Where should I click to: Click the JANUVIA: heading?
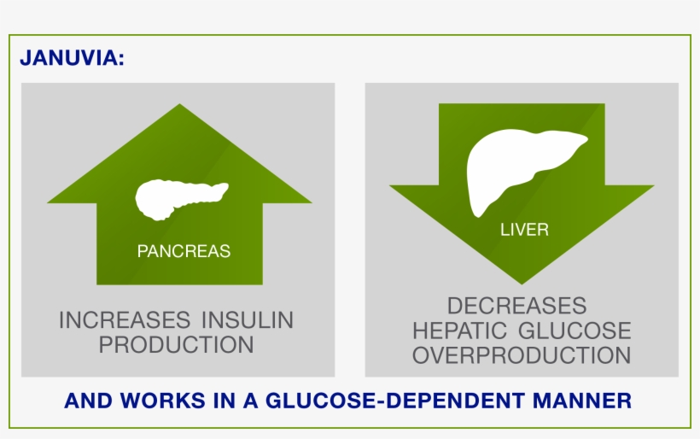(x=72, y=58)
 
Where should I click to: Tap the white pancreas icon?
(x=182, y=200)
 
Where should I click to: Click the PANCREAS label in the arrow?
(x=184, y=251)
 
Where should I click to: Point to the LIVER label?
(x=524, y=230)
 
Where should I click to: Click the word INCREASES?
(x=125, y=320)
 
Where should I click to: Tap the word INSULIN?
(x=248, y=320)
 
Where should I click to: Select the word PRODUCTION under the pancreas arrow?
(x=177, y=345)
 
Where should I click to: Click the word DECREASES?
(x=517, y=306)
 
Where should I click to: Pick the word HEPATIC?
(x=459, y=331)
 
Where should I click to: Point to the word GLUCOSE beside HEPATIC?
(x=575, y=331)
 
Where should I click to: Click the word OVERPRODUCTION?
(x=522, y=355)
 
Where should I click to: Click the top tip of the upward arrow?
(x=179, y=104)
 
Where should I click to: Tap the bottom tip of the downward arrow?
(x=522, y=284)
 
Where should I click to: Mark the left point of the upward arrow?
(x=47, y=202)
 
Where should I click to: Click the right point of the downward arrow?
(x=654, y=185)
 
